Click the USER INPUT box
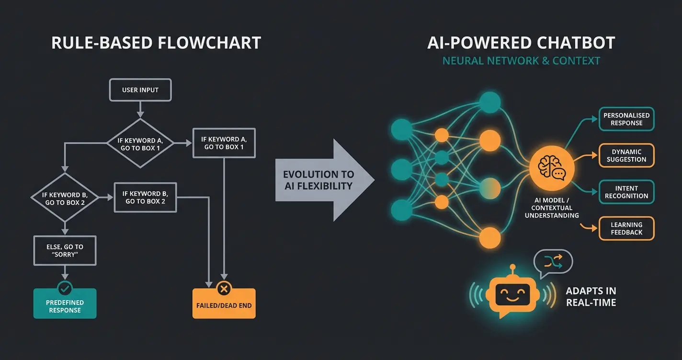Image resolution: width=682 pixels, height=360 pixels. pyautogui.click(x=140, y=90)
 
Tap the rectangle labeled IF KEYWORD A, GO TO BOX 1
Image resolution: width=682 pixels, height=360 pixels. pyautogui.click(x=224, y=143)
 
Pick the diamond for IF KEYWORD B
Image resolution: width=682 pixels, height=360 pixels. pyautogui.click(x=64, y=197)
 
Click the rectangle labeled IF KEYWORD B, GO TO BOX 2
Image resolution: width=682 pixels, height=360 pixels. pyautogui.click(x=145, y=197)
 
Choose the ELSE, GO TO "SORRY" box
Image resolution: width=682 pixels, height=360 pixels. pyautogui.click(x=65, y=250)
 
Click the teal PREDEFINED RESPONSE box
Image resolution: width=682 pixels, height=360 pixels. pyautogui.click(x=65, y=306)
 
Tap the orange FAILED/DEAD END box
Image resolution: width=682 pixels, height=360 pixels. pyautogui.click(x=224, y=305)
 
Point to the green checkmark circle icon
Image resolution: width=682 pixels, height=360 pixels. pyautogui.click(x=65, y=288)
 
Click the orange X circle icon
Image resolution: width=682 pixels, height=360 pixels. pyautogui.click(x=224, y=288)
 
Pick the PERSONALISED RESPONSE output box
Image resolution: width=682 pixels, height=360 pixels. pyautogui.click(x=626, y=119)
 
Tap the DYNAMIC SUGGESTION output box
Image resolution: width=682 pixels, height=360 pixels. pyautogui.click(x=626, y=156)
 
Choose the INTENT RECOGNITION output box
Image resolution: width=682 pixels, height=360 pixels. pyautogui.click(x=626, y=192)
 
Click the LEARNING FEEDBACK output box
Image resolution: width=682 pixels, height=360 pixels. pyautogui.click(x=626, y=228)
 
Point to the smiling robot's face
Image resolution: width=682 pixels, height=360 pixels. pyautogui.click(x=511, y=292)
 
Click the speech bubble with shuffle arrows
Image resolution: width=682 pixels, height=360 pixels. pyautogui.click(x=554, y=262)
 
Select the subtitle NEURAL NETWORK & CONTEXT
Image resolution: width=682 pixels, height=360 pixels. pyautogui.click(x=521, y=61)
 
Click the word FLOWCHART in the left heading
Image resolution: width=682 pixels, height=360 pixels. pyautogui.click(x=208, y=43)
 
